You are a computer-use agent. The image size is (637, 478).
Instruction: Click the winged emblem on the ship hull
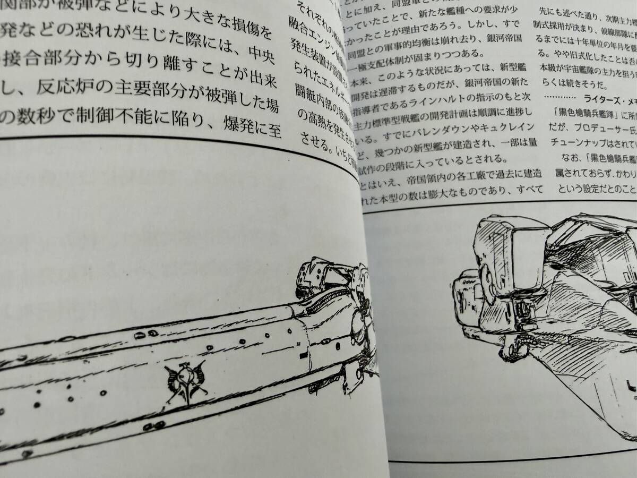185,381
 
